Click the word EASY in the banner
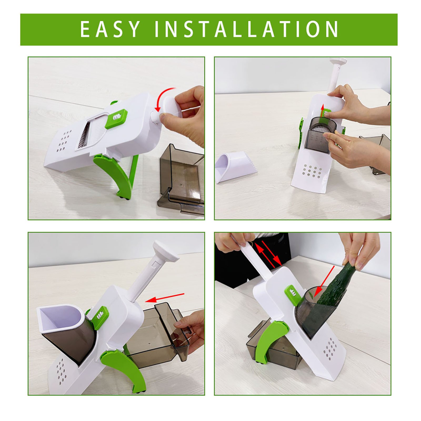pyautogui.click(x=110, y=29)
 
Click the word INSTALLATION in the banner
pyautogui.click(x=247, y=29)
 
